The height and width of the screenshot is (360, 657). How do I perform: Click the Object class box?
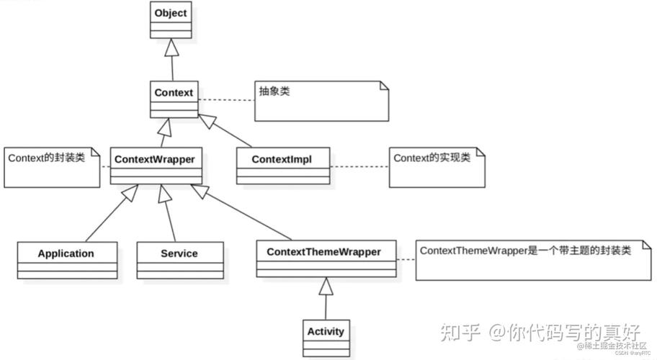coord(171,20)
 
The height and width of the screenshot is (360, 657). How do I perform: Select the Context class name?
coord(174,93)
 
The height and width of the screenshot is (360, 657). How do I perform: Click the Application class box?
coord(66,260)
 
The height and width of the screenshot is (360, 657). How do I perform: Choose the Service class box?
coord(179,260)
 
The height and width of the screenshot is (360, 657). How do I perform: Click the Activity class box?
coord(326,338)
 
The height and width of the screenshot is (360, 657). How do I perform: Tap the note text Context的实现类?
coord(432,157)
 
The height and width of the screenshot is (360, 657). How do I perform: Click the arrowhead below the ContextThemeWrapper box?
coord(326,287)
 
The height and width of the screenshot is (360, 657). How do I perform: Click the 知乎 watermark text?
coord(459,333)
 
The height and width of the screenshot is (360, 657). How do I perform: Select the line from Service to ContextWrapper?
coord(170,216)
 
